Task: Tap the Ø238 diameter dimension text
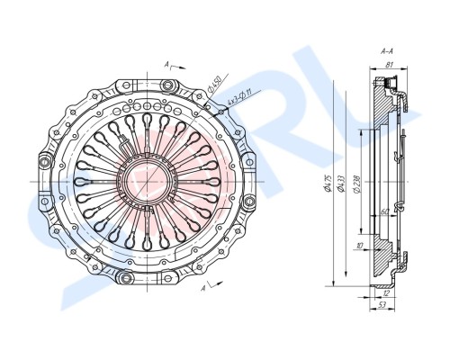pos(357,186)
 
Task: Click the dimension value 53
pos(381,306)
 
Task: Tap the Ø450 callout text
pos(215,87)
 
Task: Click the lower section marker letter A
pos(204,290)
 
